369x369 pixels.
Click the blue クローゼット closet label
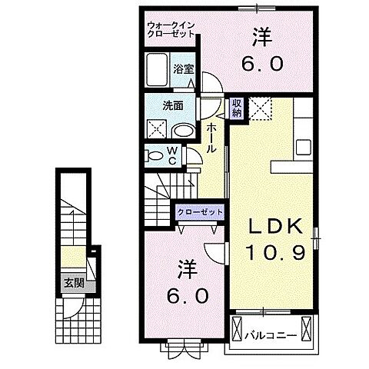(200, 211)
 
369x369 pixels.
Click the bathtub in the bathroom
(158, 71)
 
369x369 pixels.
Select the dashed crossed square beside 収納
(262, 108)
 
